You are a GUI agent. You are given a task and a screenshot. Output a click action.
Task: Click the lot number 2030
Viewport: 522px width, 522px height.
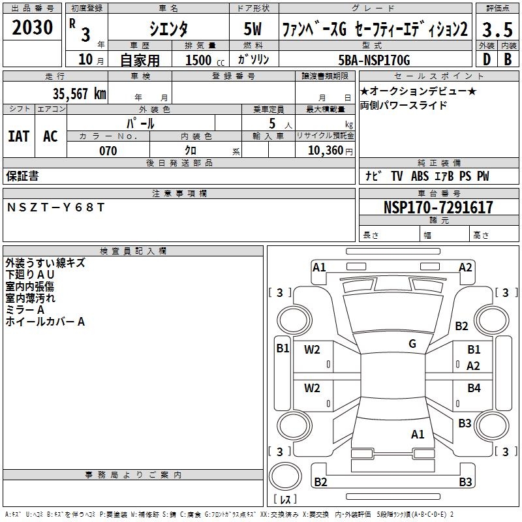33,27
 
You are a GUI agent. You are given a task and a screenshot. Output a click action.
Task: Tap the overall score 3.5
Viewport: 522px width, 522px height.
497,29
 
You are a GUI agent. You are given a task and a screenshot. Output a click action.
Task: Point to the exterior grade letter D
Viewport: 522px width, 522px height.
485,59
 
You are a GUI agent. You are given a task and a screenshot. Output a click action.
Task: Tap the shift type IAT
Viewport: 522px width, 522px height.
19,136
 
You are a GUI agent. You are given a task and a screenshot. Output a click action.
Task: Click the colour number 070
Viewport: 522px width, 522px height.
108,151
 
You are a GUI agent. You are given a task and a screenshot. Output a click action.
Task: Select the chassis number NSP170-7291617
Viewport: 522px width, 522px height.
438,207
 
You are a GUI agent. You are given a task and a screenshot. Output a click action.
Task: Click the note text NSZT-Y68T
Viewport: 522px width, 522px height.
55,207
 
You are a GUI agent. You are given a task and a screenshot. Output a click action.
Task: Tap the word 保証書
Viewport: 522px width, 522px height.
22,176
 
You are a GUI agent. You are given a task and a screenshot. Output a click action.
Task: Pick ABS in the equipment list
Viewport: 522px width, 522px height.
420,176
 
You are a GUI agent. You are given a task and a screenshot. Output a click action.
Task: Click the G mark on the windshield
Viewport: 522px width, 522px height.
412,343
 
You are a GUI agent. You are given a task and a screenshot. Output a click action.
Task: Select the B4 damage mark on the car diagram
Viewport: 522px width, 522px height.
474,388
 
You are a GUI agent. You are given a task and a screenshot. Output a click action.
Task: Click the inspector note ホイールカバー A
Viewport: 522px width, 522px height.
45,322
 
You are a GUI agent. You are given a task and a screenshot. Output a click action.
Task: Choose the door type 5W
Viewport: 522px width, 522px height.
253,29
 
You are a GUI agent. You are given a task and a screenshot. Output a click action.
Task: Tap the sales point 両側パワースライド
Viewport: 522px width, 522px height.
403,105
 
